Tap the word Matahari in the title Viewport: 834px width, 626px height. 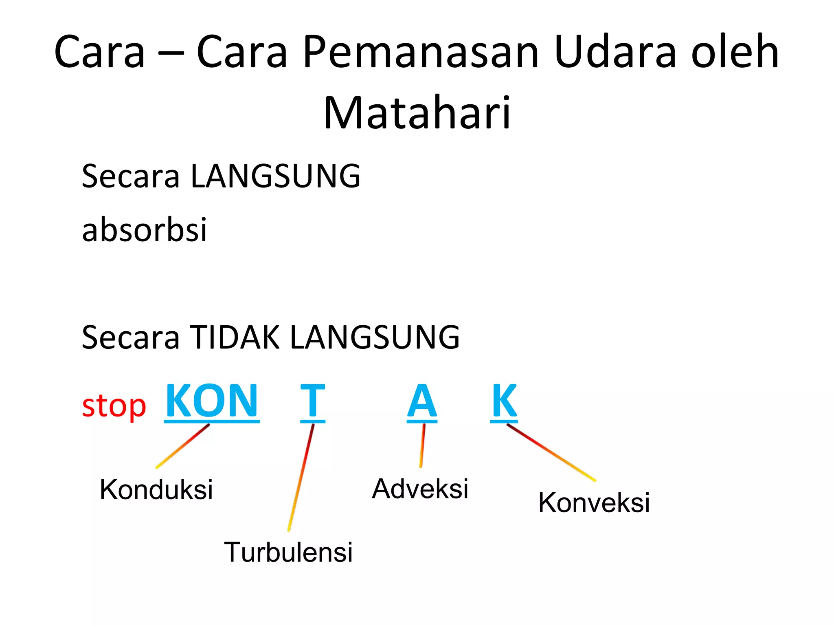pos(417,113)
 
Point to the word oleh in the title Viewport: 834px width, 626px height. pos(735,52)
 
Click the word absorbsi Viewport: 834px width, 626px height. pos(145,229)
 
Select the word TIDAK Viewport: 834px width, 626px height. pos(235,337)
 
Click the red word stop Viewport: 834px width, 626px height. pos(114,406)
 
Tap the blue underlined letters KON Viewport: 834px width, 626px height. pos(212,401)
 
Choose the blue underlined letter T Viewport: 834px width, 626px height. pos(313,402)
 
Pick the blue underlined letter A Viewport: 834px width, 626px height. pos(422,402)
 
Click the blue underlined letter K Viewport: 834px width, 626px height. pos(504,401)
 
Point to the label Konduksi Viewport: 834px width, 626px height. pos(156,489)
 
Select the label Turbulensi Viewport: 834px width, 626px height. pos(288,552)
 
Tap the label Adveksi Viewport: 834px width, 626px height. pos(420,489)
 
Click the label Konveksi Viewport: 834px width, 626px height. pos(594,503)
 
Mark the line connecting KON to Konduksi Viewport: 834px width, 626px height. pos(183,446)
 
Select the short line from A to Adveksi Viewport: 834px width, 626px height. pos(422,445)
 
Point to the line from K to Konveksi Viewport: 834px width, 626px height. pos(551,452)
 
